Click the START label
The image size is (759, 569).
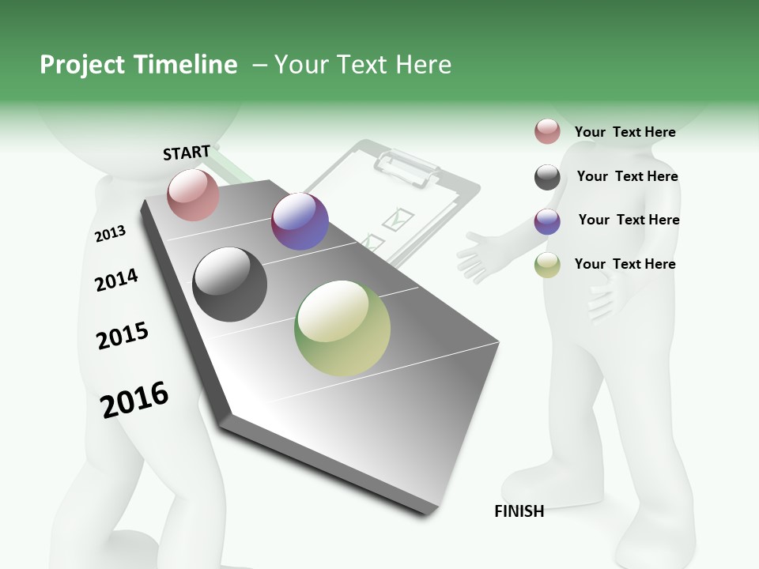(187, 153)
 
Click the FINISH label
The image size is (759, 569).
(519, 511)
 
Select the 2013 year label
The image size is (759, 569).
(110, 234)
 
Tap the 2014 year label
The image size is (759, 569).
(116, 280)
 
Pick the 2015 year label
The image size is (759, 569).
(123, 336)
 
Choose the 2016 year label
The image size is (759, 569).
(134, 399)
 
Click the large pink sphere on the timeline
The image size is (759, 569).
(194, 195)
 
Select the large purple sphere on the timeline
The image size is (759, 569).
(300, 222)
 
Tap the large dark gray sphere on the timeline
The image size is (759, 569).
(230, 284)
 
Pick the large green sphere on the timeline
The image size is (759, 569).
(342, 328)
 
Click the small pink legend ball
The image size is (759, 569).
(547, 132)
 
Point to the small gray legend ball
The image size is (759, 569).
(547, 177)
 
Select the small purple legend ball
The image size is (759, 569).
(547, 221)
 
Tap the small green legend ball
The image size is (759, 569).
(547, 265)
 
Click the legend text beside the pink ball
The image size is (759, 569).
(625, 132)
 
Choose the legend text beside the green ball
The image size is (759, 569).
(625, 264)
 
